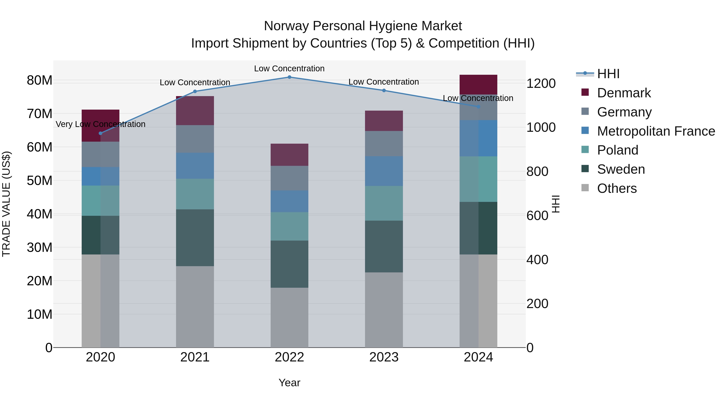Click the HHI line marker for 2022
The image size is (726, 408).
coord(289,77)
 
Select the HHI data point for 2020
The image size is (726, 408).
coord(101,133)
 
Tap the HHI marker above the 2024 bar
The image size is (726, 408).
coord(478,107)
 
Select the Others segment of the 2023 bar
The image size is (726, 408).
coord(384,309)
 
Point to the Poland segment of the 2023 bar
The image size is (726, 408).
coord(384,203)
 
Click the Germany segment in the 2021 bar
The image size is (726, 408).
coord(195,139)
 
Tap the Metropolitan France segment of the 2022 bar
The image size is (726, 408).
coord(289,201)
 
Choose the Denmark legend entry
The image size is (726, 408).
coord(624,93)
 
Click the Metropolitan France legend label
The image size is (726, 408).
coord(656,131)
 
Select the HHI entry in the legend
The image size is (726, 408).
coord(608,74)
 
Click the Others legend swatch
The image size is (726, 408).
coord(585,188)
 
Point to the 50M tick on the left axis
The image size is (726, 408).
coord(40,181)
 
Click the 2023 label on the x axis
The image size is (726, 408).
coord(384,357)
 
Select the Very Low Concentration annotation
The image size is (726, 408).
coord(101,124)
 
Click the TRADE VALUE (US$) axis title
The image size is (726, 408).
coord(6,204)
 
